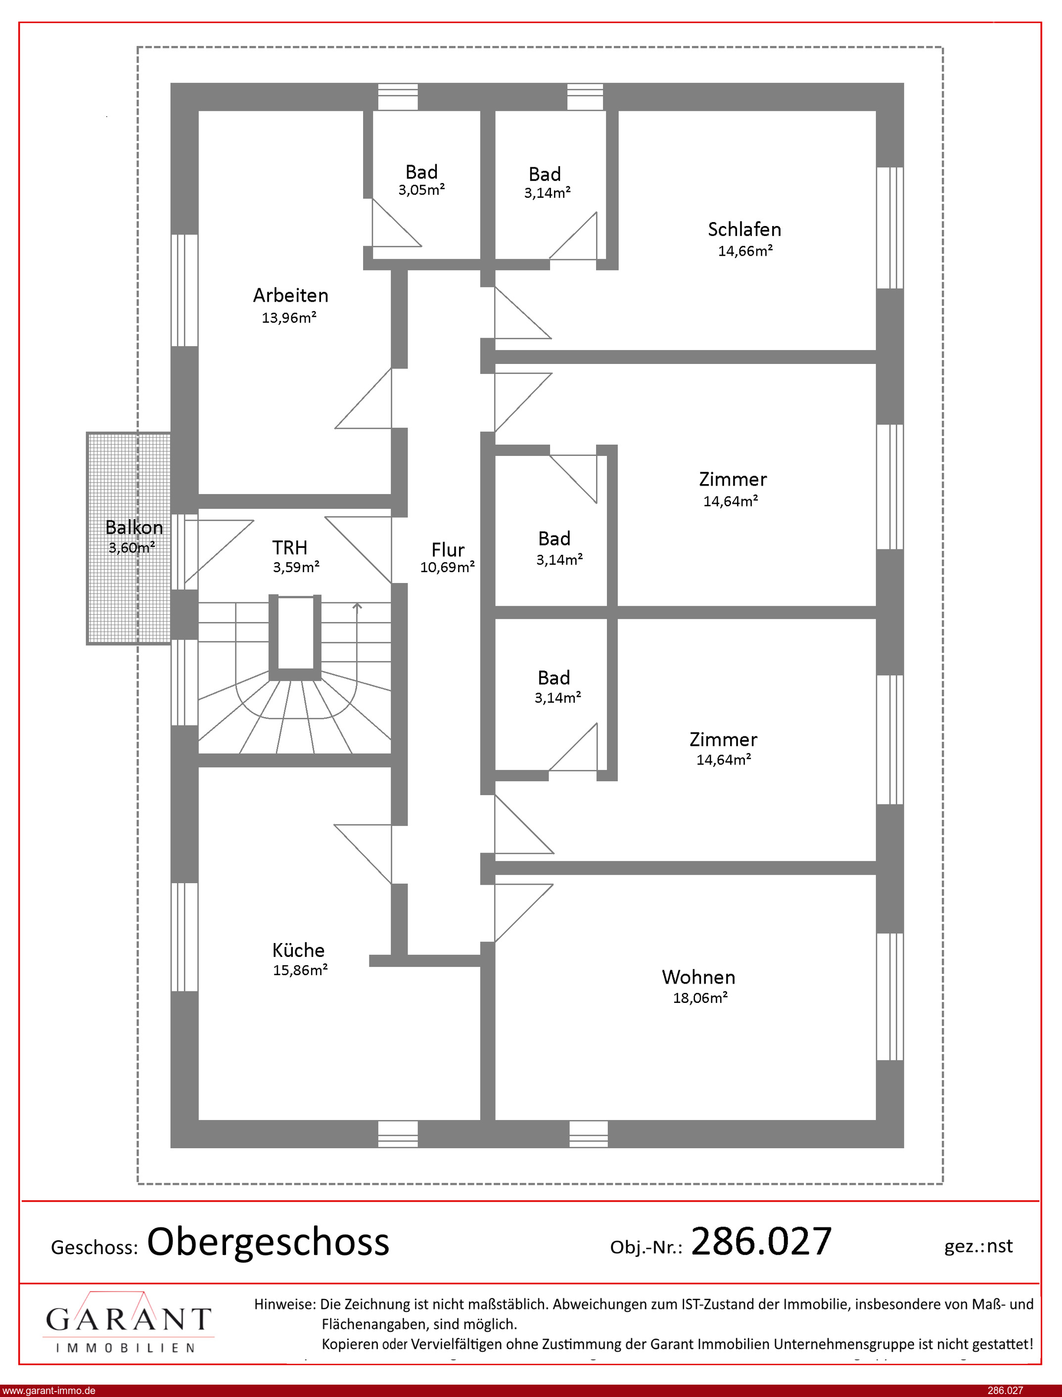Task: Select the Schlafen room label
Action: tap(744, 229)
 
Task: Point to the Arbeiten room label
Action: tap(291, 295)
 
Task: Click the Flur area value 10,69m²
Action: tap(448, 567)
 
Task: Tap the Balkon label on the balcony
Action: tap(134, 527)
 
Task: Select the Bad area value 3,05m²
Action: tap(421, 189)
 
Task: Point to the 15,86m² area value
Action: tap(300, 970)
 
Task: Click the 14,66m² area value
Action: tap(745, 250)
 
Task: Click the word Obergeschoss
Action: tap(268, 1242)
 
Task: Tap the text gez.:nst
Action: tap(978, 1246)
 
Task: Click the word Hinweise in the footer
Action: tap(284, 1304)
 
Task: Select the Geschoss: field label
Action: tap(94, 1247)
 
